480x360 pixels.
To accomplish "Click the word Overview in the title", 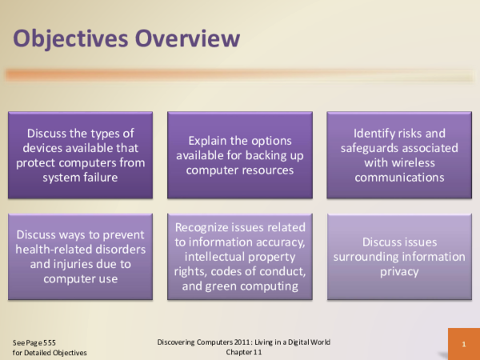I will click(x=188, y=38).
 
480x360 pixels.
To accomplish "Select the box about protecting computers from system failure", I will click(x=80, y=155).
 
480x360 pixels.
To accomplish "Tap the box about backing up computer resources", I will click(x=240, y=155).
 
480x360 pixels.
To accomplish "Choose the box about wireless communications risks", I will click(x=399, y=155).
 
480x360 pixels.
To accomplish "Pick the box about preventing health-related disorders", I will click(x=80, y=257).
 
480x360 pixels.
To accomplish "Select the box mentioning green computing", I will click(x=240, y=257).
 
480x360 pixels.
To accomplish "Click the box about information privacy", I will click(x=399, y=257).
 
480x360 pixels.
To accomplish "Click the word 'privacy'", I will click(x=399, y=271).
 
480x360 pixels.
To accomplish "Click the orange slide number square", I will click(x=463, y=344).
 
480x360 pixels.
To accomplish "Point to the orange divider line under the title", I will click(x=240, y=75).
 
